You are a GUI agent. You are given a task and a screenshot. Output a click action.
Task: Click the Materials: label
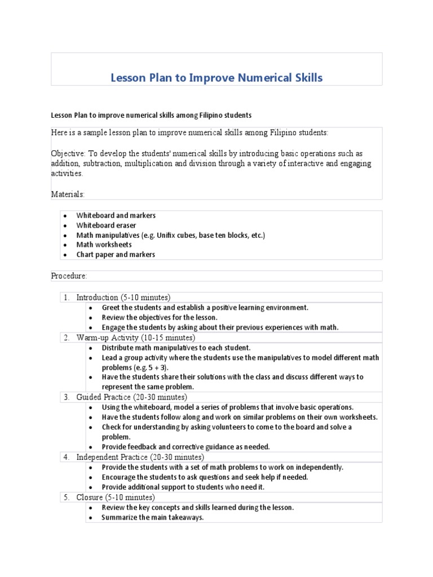[x=68, y=194]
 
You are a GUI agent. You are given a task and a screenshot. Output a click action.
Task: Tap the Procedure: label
[x=69, y=276]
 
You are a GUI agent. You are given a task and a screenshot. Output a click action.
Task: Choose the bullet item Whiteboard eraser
[x=106, y=225]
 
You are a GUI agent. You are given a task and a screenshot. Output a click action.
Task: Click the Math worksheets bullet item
[x=104, y=245]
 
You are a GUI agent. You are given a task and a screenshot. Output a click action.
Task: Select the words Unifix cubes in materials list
[x=176, y=235]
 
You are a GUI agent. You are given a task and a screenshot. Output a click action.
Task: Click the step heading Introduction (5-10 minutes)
[x=123, y=297]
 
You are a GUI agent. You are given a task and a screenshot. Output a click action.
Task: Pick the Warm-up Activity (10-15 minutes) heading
[x=135, y=338]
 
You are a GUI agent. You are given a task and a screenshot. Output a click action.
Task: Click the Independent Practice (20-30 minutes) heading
[x=140, y=457]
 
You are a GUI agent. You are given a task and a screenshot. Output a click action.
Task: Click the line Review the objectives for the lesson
[x=160, y=317]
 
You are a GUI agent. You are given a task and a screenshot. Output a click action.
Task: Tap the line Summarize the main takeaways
[x=152, y=517]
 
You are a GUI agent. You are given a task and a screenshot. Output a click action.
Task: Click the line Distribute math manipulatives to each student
[x=176, y=348]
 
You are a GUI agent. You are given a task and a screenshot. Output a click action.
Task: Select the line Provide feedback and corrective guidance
[x=185, y=447]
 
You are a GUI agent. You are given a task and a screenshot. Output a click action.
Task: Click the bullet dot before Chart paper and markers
[x=66, y=255]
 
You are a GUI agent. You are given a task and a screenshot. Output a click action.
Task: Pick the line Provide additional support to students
[x=183, y=487]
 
